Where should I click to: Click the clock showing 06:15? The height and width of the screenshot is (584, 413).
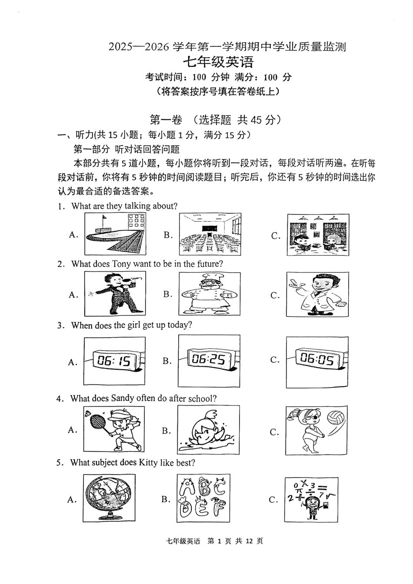[114, 360]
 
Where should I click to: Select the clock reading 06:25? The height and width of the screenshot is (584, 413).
[209, 359]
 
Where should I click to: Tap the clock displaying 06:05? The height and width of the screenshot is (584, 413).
[317, 359]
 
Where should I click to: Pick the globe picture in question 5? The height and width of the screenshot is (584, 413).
[108, 498]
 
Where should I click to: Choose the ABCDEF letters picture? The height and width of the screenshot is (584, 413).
[203, 498]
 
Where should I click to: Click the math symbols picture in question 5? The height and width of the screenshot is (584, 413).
[311, 499]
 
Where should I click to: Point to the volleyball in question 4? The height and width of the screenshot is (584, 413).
[336, 418]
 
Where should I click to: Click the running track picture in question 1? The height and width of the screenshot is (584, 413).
[115, 234]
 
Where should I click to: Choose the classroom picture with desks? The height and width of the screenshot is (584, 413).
[210, 234]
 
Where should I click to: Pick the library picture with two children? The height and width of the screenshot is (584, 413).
[318, 235]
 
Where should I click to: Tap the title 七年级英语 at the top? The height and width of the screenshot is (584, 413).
[217, 62]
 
